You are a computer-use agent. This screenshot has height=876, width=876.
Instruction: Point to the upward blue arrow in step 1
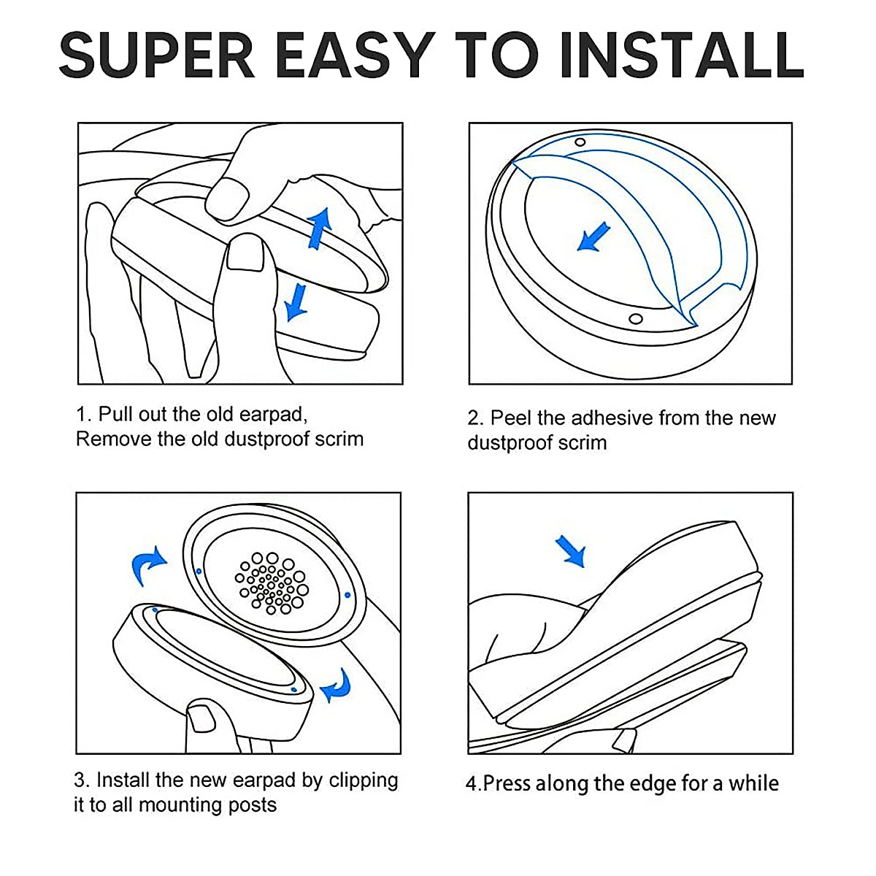point(319,226)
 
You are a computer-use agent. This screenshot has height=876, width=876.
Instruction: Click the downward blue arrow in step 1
point(295,301)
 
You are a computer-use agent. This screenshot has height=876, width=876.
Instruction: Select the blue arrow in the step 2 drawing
point(593,238)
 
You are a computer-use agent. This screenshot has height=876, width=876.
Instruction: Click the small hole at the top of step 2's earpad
point(580,142)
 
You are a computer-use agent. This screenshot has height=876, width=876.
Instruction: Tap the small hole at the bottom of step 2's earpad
point(636,319)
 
